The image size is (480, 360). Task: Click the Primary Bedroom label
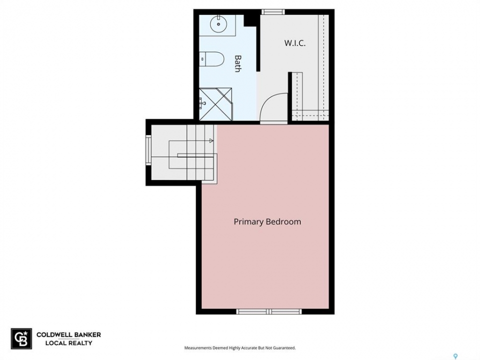coord(267,221)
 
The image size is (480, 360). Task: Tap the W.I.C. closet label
coord(295,43)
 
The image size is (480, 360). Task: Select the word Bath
coord(237,63)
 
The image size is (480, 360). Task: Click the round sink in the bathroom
coord(218,24)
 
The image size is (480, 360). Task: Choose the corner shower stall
coord(216,104)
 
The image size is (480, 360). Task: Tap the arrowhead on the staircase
coord(211,140)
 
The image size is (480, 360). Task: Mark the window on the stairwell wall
coord(148,150)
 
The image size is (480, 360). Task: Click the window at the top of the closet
coord(273,12)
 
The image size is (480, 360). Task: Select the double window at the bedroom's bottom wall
coord(269,311)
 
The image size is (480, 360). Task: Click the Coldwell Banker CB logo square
coord(21,338)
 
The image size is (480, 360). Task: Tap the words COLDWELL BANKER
coord(68,335)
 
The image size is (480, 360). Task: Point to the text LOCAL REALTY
coord(68,343)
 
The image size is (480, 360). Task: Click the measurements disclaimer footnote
coord(240,348)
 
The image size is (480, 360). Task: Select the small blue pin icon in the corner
coord(456,356)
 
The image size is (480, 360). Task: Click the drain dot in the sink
coord(218,24)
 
